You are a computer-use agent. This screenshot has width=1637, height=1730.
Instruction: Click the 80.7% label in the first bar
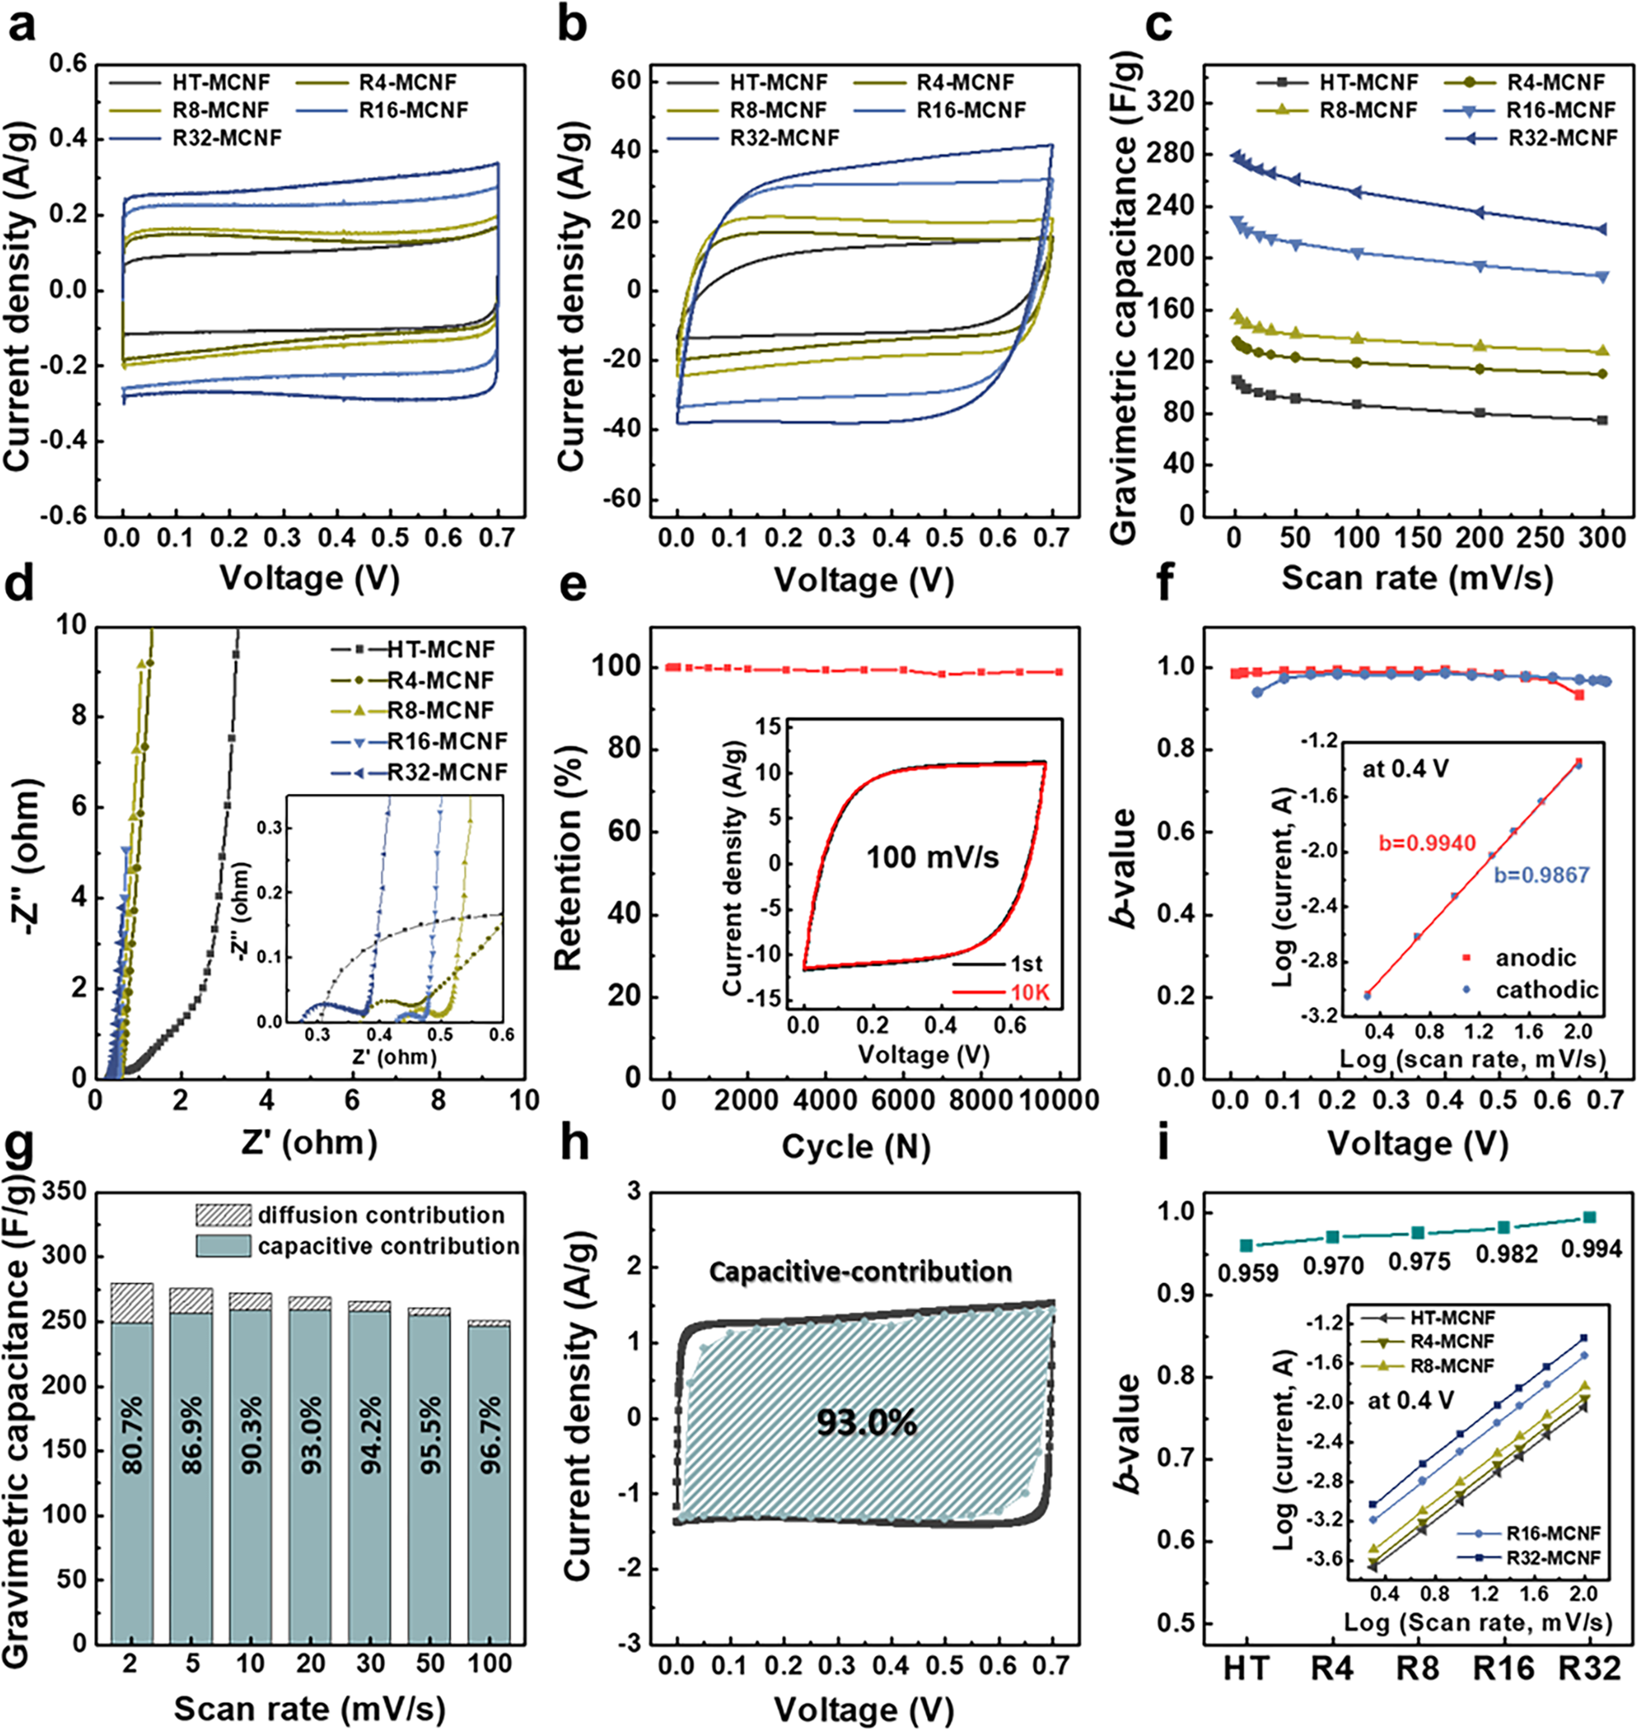coord(132,1437)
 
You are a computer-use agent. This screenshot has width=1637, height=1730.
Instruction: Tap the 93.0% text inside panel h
coord(865,1422)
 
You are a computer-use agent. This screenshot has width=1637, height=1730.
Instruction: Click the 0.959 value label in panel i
coord(1247,1273)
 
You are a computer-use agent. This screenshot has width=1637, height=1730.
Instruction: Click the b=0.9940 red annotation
coord(1427,842)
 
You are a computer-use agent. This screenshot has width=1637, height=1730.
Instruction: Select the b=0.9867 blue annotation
coord(1542,874)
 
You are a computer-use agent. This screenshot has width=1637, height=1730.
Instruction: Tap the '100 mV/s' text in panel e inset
coord(932,857)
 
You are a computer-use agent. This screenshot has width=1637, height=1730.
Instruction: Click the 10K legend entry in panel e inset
coord(1027,993)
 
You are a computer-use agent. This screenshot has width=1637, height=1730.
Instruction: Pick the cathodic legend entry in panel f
coord(1546,989)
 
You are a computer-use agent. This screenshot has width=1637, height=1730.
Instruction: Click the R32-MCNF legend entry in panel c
coord(1562,138)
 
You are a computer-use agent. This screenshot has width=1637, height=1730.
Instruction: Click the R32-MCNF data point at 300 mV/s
coord(1602,230)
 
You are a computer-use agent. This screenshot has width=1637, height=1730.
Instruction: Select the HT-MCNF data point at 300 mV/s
coord(1602,420)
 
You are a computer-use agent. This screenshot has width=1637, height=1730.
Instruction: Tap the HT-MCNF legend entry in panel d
coord(441,650)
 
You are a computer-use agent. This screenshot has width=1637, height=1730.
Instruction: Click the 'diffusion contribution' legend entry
coord(380,1215)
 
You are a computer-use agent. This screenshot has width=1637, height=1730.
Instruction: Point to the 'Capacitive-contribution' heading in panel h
coord(860,1272)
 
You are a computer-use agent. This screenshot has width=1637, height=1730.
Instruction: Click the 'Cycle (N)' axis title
coord(855,1146)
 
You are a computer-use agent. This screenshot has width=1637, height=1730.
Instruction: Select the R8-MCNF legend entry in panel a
coord(220,110)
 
